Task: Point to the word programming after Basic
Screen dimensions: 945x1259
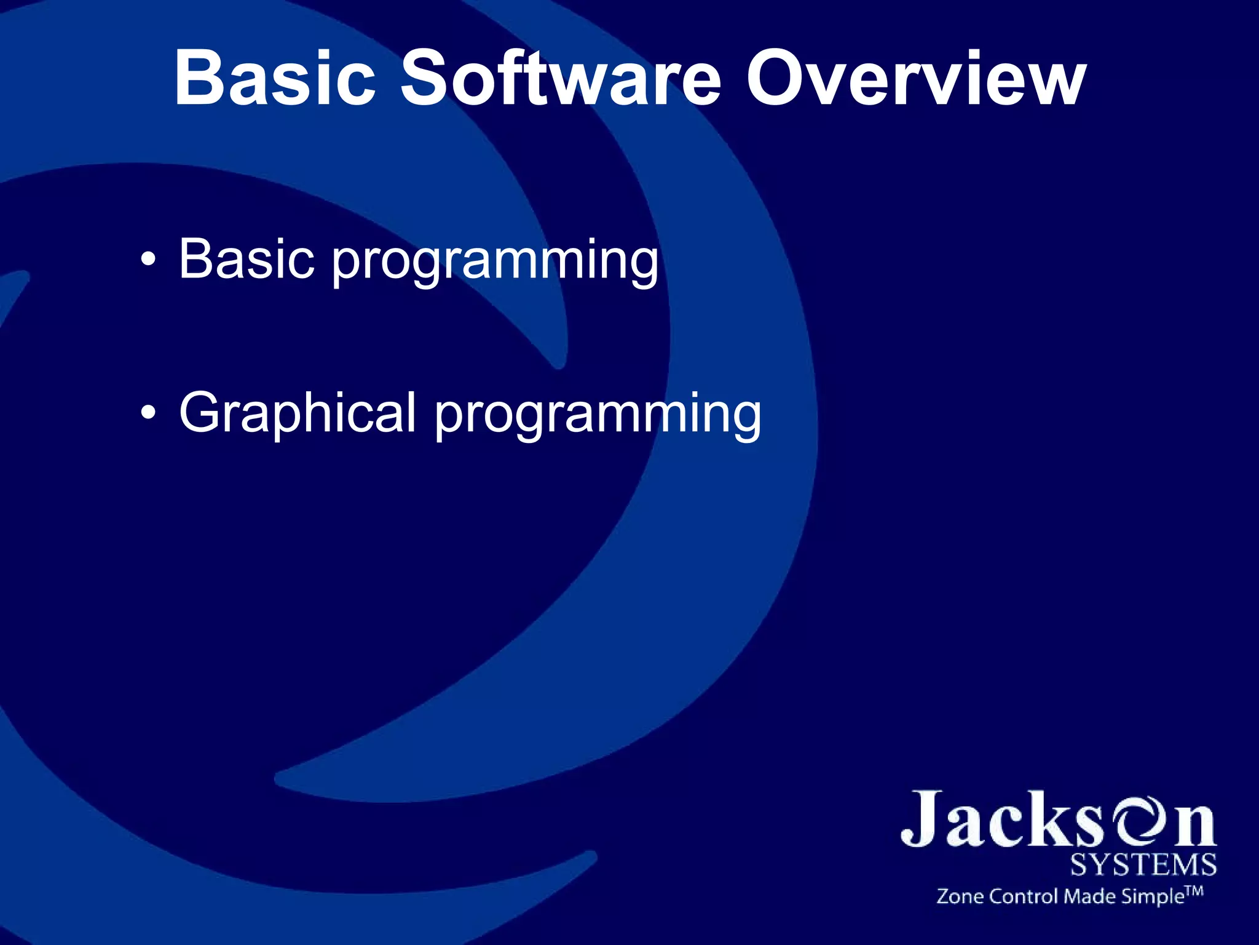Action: click(495, 263)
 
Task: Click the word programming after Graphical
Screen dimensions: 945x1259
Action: click(598, 417)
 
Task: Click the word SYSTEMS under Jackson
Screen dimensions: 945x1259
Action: click(1143, 865)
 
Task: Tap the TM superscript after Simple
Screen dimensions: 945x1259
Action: click(1194, 891)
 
